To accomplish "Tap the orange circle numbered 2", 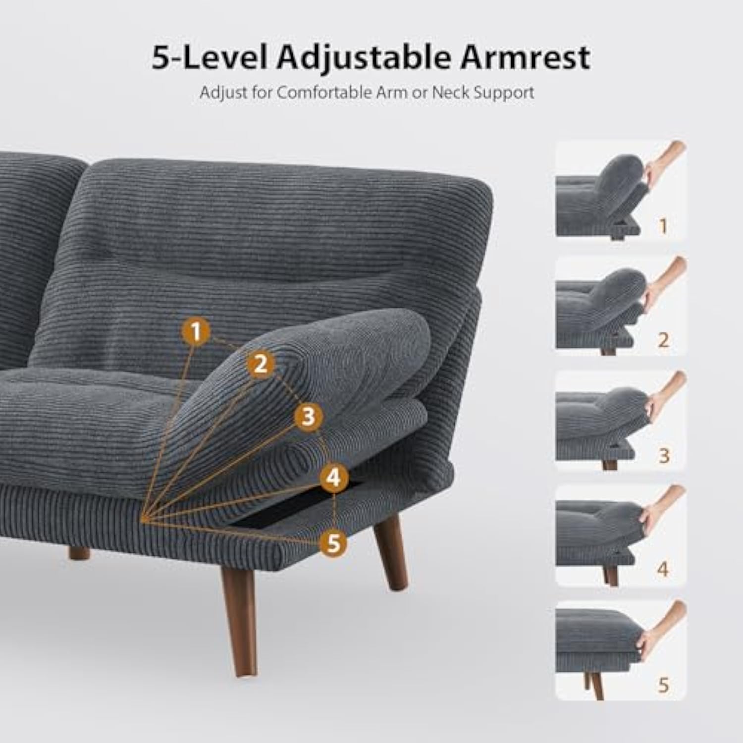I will (x=261, y=365).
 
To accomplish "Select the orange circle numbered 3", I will (x=308, y=416).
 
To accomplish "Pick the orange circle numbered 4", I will (x=334, y=478).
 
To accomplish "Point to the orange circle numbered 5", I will (x=334, y=543).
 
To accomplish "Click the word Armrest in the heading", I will (x=525, y=58).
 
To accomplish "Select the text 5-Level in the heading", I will (x=210, y=58).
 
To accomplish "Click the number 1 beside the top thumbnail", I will (x=663, y=226).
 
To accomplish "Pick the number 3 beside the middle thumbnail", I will (x=664, y=455).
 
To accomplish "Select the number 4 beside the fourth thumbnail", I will (x=663, y=570).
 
